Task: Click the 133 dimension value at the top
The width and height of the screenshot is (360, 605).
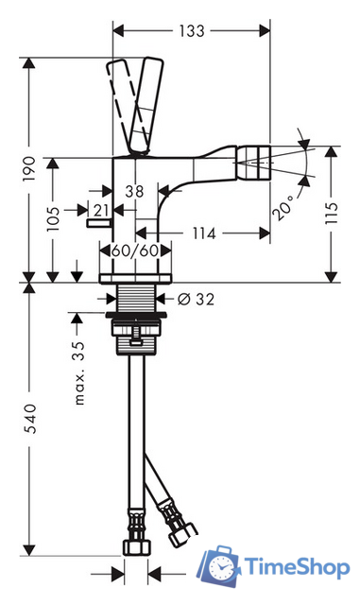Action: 192,31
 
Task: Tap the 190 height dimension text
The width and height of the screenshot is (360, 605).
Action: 29,168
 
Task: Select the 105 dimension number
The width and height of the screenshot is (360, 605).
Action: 53,218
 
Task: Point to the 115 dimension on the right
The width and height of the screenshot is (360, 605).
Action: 331,212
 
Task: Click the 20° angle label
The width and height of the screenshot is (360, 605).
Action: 283,207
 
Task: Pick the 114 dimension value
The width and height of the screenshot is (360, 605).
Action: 204,233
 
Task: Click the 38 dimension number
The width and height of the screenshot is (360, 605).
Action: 134,191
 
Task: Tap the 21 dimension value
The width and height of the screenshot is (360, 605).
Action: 101,210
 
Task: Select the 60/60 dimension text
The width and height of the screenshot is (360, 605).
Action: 135,251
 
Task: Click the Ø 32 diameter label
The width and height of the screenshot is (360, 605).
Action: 196,299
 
